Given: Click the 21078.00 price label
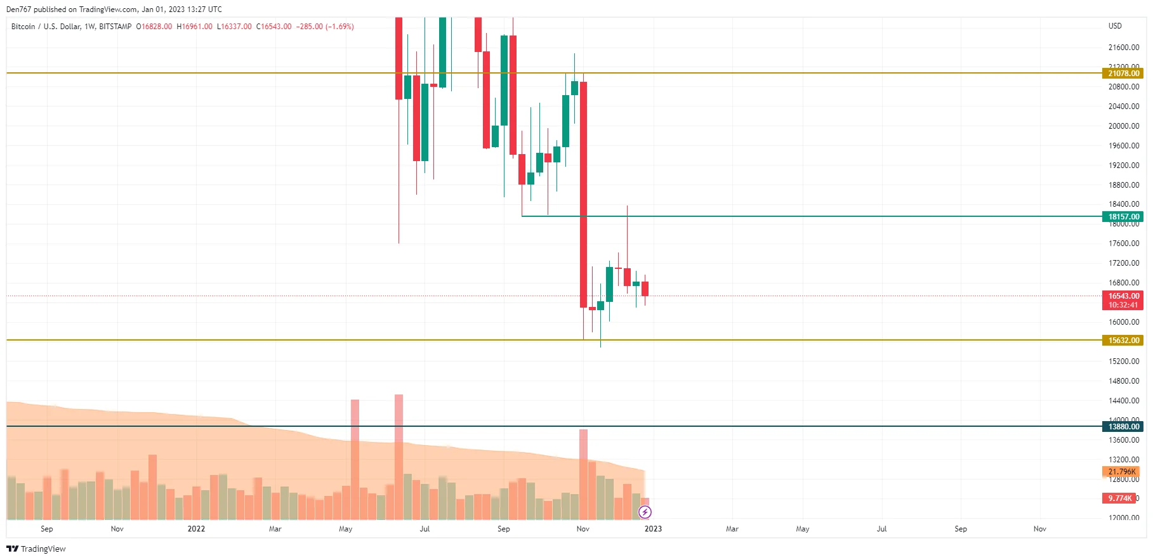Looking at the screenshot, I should pos(1123,74).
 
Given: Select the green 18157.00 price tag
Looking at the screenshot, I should pos(1123,217).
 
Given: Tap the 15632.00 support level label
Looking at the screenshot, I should pos(1123,341).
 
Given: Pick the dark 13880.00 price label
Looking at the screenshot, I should pos(1123,427).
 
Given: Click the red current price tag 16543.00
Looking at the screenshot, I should pos(1123,296).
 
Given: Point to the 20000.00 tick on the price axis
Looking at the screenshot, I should pos(1123,126).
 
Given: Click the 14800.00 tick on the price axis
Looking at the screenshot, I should pos(1123,381).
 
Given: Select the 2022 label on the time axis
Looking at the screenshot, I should pos(196,529).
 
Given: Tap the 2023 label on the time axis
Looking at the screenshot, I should pos(653,529).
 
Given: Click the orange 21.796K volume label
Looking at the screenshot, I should pos(1121,472).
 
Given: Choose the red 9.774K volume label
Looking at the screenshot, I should pos(1119,498).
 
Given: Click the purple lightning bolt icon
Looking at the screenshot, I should pos(645,512).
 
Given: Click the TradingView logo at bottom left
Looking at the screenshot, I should pos(36,549).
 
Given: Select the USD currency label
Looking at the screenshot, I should pos(1115,26).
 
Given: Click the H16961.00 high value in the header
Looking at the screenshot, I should pos(195,27).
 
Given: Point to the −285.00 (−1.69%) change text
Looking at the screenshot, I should pos(325,27).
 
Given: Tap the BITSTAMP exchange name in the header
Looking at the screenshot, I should pos(115,27).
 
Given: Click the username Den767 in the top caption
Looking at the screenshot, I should pos(18,10).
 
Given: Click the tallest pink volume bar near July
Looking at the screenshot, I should pos(399,457).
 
